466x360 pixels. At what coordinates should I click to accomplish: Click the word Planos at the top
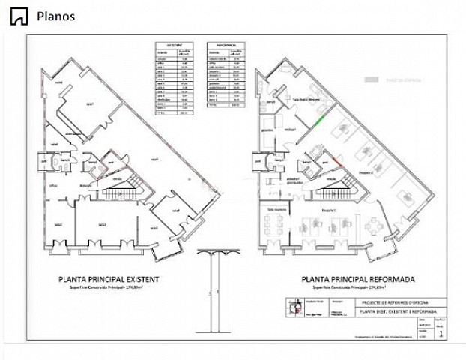55,16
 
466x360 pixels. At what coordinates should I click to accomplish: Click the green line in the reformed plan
320,118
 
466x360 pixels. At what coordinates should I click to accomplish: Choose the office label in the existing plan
54,185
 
